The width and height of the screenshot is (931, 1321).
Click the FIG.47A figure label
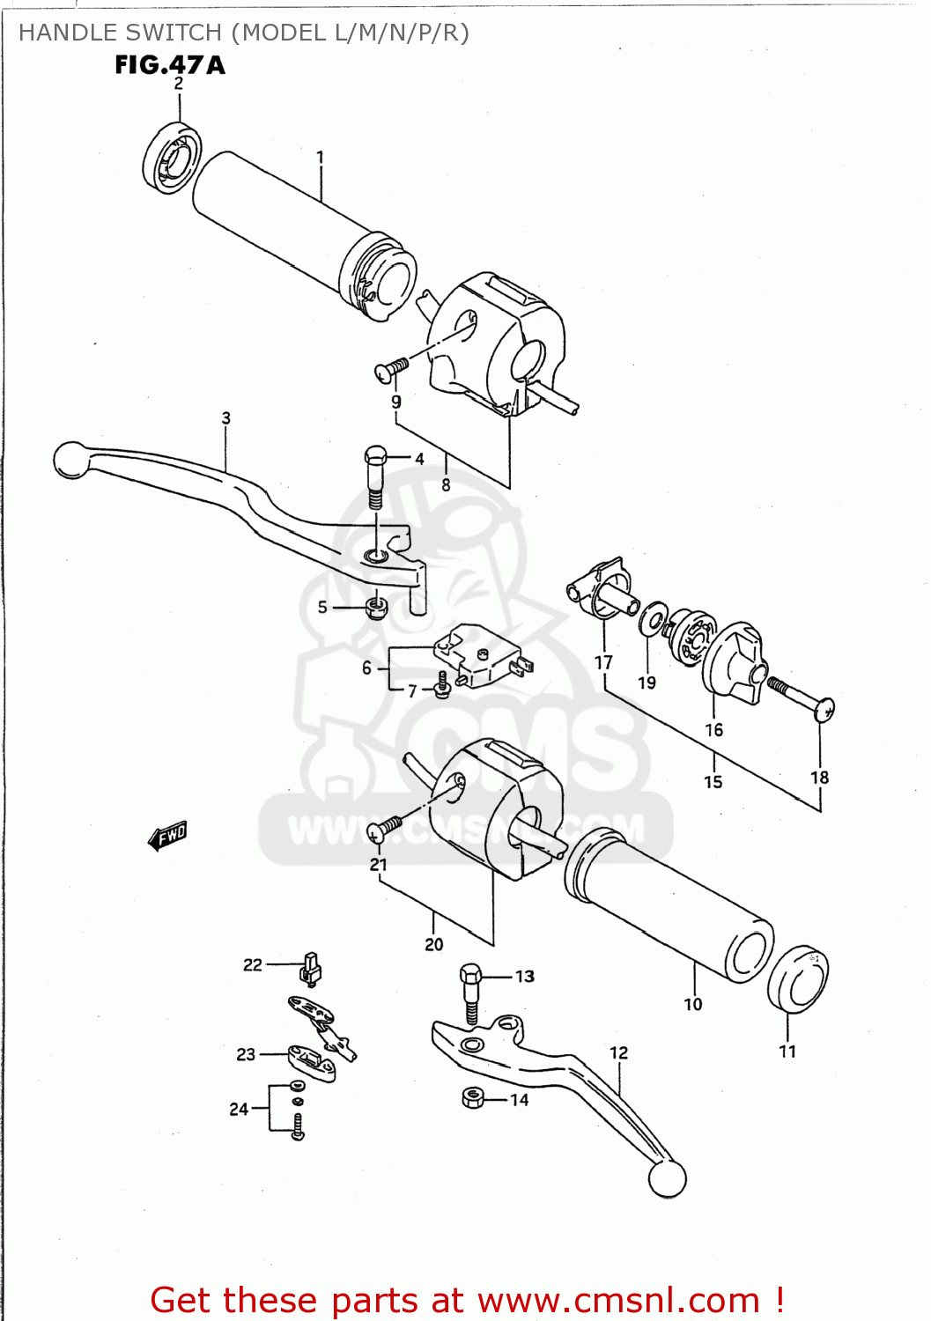coord(169,64)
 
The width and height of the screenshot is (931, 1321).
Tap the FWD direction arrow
coord(167,835)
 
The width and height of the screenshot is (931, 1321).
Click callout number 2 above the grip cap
coord(179,84)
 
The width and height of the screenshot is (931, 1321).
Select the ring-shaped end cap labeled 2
coord(172,159)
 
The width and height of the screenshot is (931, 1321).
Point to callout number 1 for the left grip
coord(321,157)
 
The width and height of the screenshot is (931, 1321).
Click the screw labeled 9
coord(391,369)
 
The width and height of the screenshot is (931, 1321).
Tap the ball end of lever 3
coord(70,460)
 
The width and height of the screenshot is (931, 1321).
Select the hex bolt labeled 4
coord(375,476)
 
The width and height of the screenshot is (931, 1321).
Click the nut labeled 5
coord(376,607)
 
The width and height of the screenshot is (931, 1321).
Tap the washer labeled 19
coord(653,618)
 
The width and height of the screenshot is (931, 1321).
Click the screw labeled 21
coord(386,826)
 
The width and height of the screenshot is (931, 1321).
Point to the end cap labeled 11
coord(798,980)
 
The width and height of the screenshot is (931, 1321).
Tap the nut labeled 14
coord(473,1097)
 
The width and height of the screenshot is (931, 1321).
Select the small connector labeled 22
coord(310,967)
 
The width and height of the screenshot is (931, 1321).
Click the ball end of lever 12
coord(667,1178)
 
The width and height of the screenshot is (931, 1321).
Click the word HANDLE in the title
coord(64,33)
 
